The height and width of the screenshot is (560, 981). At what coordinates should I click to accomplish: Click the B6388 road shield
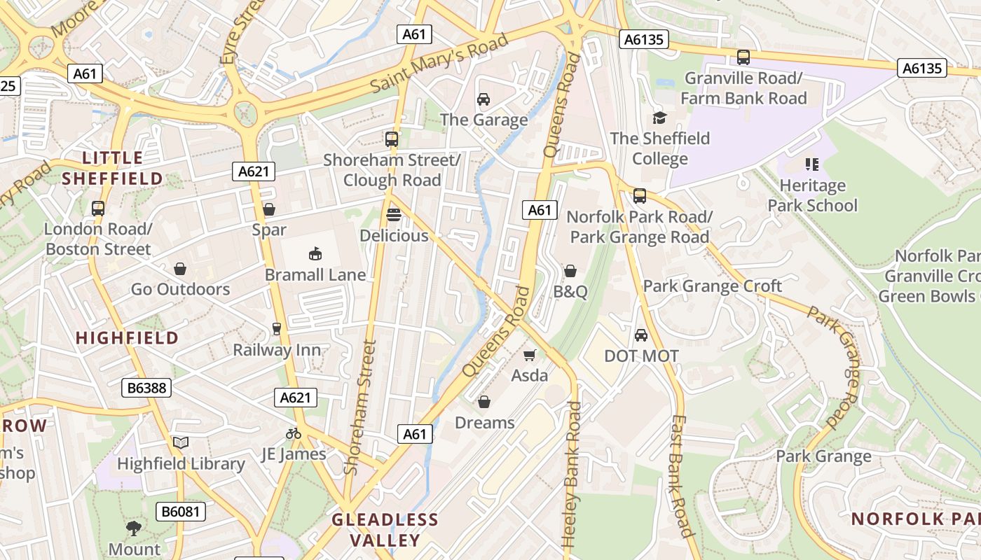coord(146,387)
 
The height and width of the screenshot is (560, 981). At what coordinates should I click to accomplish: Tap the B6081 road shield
coord(181,512)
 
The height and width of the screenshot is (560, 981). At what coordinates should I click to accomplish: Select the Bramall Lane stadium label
coord(315,274)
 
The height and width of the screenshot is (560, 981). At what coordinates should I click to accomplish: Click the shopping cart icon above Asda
coord(530,356)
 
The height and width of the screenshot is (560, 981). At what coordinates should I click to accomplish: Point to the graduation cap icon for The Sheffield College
coord(659,118)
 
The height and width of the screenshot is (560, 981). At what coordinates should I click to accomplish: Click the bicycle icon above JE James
coord(294,433)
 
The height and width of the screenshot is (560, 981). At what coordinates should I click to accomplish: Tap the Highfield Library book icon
coord(181,442)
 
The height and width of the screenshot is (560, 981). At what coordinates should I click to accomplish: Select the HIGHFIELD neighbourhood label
coord(127,337)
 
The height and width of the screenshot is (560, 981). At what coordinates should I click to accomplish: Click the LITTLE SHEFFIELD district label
coord(112,168)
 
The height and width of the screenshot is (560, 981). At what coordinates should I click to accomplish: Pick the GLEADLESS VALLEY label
coord(385,529)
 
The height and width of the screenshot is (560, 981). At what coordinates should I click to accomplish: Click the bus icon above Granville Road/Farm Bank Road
coord(743,57)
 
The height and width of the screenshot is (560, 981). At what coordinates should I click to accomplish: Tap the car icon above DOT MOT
coord(641,335)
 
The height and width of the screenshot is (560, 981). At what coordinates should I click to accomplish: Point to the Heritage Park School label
coord(812,195)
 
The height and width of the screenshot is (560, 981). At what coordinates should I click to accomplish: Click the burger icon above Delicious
coord(394,214)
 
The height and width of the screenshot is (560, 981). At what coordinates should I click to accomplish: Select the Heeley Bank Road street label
coord(573,475)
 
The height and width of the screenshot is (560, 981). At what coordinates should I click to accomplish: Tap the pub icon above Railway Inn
coord(277,329)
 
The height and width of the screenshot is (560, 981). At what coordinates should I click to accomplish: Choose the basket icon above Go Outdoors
coord(180,268)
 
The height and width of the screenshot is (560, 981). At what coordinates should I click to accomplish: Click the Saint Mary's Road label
coord(439,63)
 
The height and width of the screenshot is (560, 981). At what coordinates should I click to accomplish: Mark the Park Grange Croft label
coord(712,286)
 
